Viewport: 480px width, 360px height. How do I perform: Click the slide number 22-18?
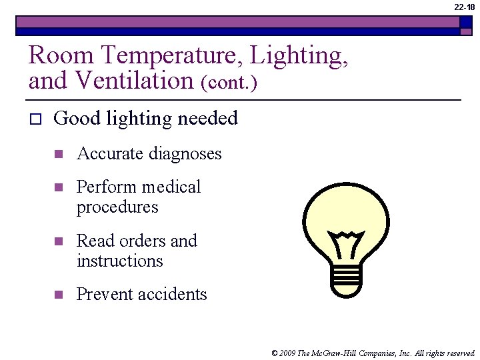click(x=465, y=7)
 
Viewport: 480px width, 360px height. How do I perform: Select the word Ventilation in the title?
click(x=134, y=81)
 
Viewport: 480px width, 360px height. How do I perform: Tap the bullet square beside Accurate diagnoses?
click(x=58, y=154)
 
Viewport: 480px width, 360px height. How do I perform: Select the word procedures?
click(x=117, y=207)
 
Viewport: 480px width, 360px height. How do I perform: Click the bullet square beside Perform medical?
click(x=58, y=187)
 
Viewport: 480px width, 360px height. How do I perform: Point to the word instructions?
click(x=120, y=261)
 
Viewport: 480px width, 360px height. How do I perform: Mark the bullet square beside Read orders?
click(x=58, y=241)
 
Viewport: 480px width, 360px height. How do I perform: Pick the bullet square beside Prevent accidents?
click(x=58, y=295)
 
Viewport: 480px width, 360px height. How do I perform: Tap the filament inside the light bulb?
click(x=346, y=245)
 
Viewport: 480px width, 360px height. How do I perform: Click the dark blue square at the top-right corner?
click(x=465, y=21)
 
